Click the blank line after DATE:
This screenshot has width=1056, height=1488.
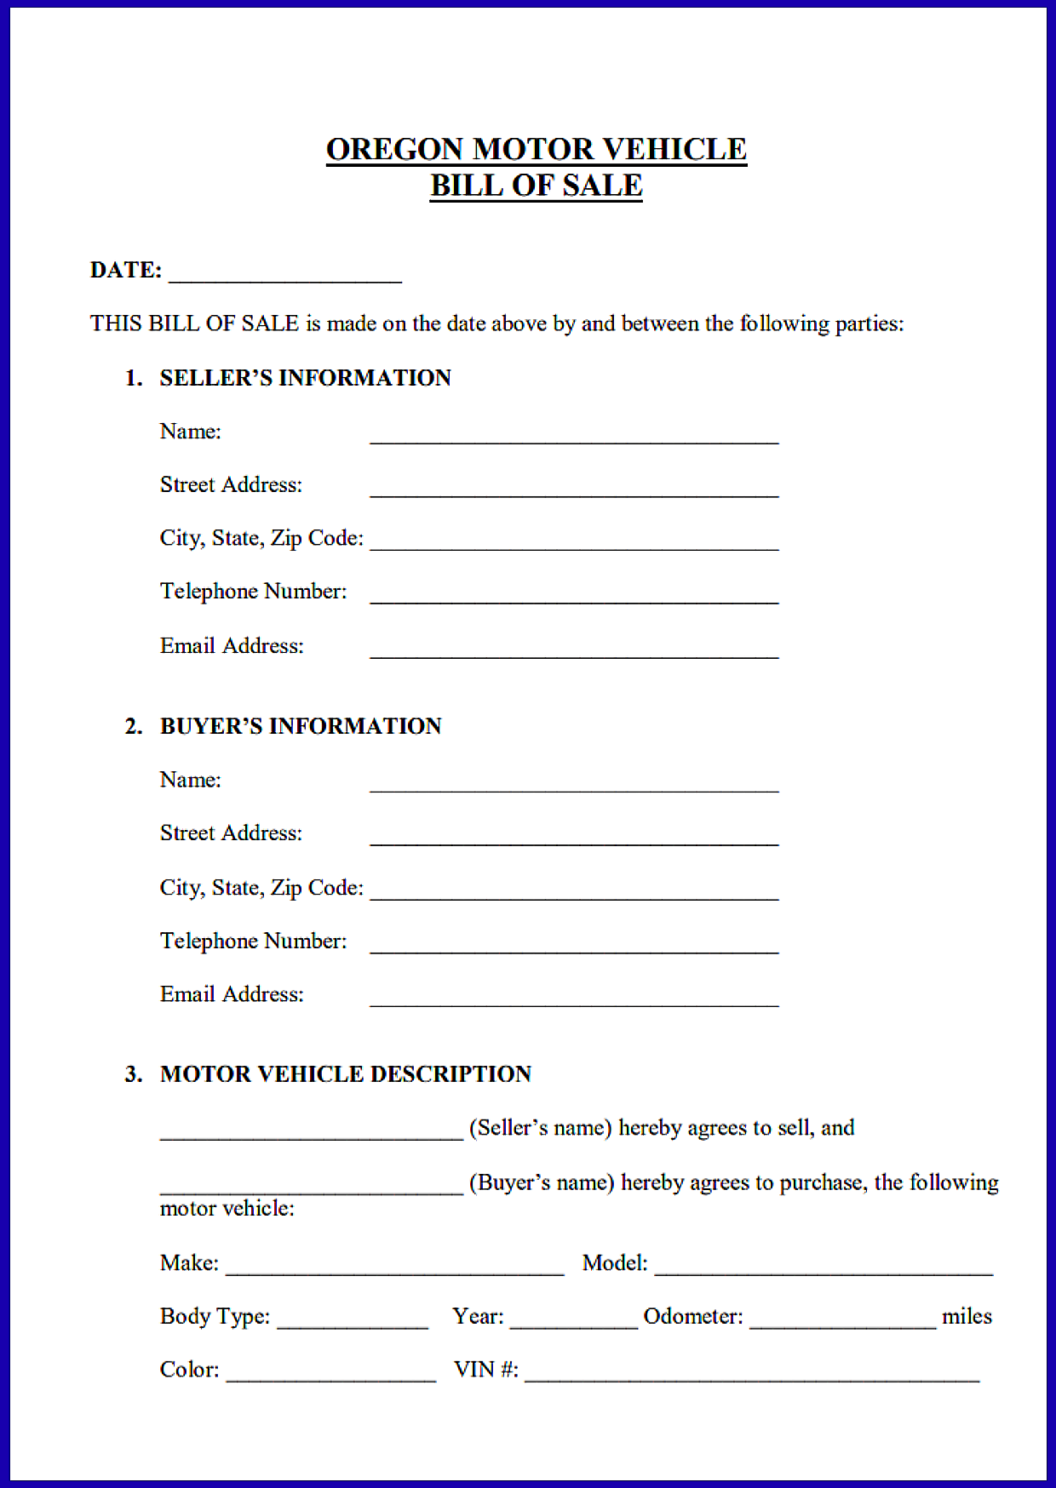click(285, 275)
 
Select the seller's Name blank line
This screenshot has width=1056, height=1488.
click(574, 436)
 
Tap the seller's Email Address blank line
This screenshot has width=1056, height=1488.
click(574, 650)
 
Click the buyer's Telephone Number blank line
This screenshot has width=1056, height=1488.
click(574, 946)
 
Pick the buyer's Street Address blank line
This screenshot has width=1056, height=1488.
click(574, 838)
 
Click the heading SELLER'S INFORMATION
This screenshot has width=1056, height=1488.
click(305, 378)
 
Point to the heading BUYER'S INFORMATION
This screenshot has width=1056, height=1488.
click(301, 726)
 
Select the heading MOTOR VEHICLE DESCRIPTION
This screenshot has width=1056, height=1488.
click(346, 1074)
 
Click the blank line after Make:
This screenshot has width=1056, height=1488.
click(394, 1268)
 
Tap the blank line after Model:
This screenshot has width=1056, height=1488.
click(824, 1268)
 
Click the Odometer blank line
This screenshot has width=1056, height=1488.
click(842, 1321)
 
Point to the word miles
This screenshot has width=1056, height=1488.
click(967, 1317)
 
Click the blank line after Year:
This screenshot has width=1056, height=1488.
click(573, 1321)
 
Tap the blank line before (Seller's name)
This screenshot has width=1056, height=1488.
click(311, 1133)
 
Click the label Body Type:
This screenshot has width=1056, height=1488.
click(215, 1317)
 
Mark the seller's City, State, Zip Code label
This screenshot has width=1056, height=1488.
click(261, 539)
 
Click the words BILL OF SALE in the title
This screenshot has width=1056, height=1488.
click(536, 186)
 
